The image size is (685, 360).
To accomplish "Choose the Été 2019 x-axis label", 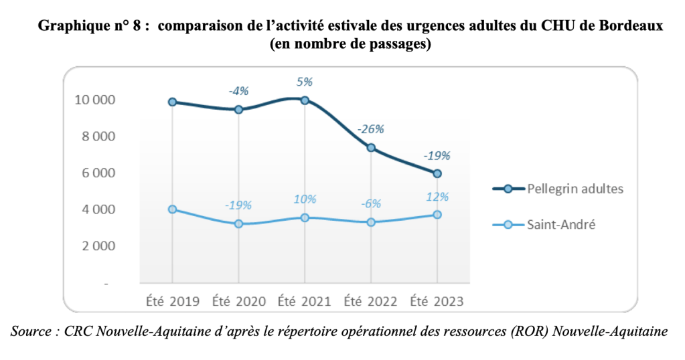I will [x=172, y=301].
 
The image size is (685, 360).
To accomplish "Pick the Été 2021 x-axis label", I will [x=304, y=301].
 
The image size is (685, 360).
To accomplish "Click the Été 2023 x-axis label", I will [x=437, y=301].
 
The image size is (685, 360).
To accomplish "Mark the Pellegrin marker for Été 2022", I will [x=370, y=148].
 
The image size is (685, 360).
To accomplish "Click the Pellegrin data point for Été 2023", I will [x=437, y=173].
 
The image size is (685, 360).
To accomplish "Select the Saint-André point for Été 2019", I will [x=172, y=209].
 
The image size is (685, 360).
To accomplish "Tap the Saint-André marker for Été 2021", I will [x=305, y=217].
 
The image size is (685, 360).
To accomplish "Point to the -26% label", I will [x=370, y=128].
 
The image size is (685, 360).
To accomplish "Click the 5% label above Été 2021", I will [x=305, y=82].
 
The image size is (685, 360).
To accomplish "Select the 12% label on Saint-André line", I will [x=437, y=196].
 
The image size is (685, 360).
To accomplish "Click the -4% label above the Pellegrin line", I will [x=239, y=90].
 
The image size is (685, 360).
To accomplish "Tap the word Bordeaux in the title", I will [x=633, y=26].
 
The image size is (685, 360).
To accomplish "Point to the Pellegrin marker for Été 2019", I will [x=172, y=102].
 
